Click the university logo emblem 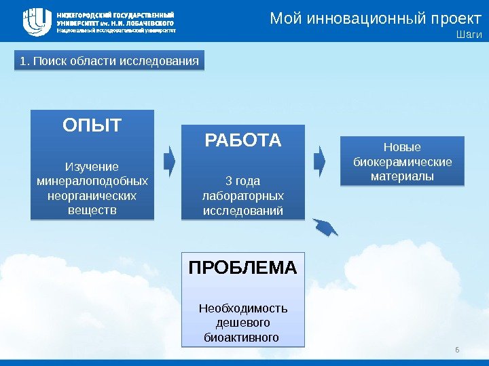click(x=37, y=22)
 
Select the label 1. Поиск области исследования click(x=109, y=62)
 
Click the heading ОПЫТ click(x=92, y=126)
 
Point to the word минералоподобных click(x=92, y=181)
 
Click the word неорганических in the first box click(x=92, y=195)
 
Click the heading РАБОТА click(x=242, y=140)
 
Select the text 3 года click(x=242, y=181)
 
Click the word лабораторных click(x=242, y=196)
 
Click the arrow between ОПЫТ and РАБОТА click(x=170, y=161)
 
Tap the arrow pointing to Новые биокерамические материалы click(x=320, y=161)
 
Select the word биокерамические click(x=402, y=162)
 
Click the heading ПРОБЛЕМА click(x=242, y=268)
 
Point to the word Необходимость click(x=242, y=309)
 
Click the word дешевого click(x=242, y=323)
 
